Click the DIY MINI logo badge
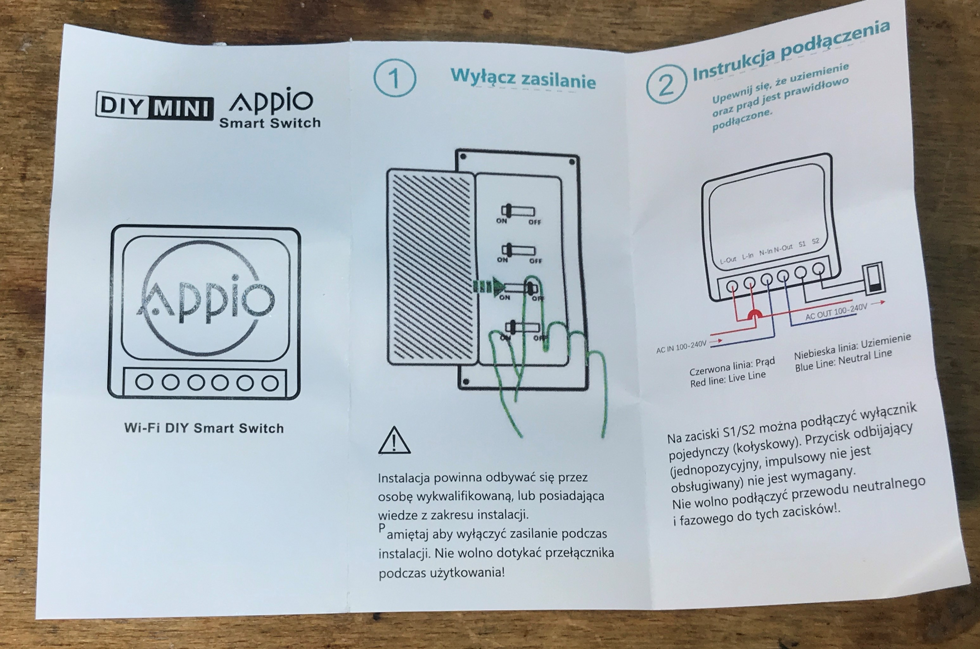[x=155, y=106]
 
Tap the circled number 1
[x=394, y=78]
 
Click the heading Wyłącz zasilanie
[x=523, y=79]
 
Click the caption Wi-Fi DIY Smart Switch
[x=204, y=428]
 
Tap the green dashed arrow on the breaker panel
[x=489, y=286]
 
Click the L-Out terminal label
[x=728, y=260]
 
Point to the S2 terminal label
[x=815, y=241]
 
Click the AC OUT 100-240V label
[x=836, y=311]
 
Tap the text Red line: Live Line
[x=728, y=379]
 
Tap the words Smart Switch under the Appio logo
[x=270, y=123]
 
